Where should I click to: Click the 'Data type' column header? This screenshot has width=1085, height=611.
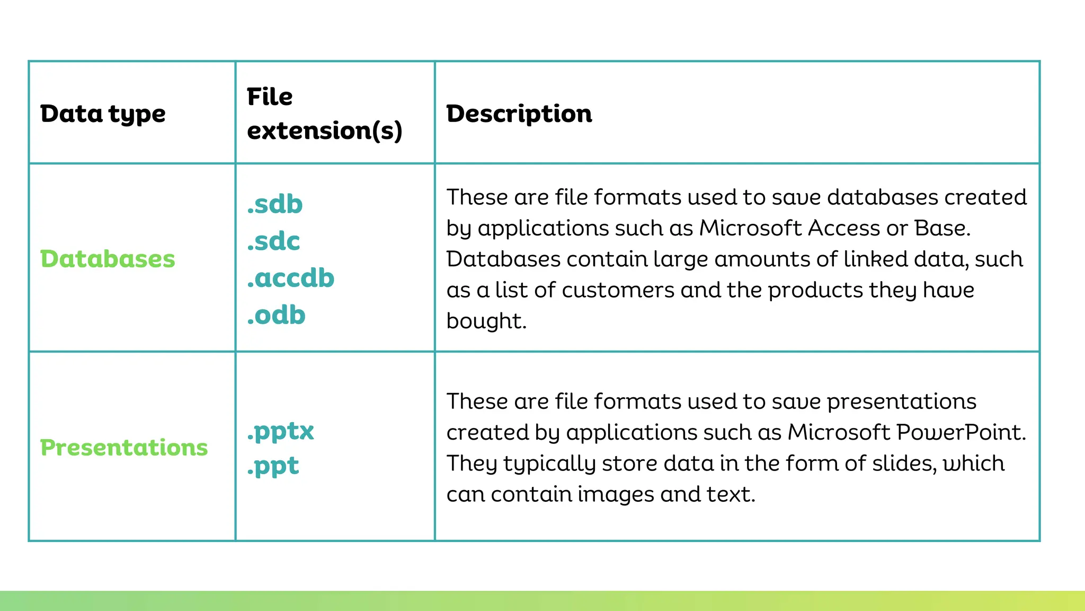click(103, 114)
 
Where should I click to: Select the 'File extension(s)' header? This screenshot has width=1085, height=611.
click(324, 114)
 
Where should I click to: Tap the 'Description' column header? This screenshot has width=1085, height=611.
click(519, 114)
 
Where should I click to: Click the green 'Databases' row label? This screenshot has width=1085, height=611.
click(108, 259)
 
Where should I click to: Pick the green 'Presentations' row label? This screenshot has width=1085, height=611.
click(124, 448)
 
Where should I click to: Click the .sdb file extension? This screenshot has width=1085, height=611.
click(275, 204)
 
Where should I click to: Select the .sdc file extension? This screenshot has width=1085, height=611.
click(273, 241)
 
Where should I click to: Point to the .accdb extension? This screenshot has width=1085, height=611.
click(291, 278)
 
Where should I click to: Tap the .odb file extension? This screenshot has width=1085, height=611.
click(276, 315)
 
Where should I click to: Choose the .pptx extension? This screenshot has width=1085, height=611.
click(280, 431)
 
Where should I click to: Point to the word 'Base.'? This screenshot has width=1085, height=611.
click(942, 228)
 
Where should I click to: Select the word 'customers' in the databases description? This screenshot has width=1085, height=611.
click(618, 290)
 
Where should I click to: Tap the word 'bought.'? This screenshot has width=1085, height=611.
click(486, 321)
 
